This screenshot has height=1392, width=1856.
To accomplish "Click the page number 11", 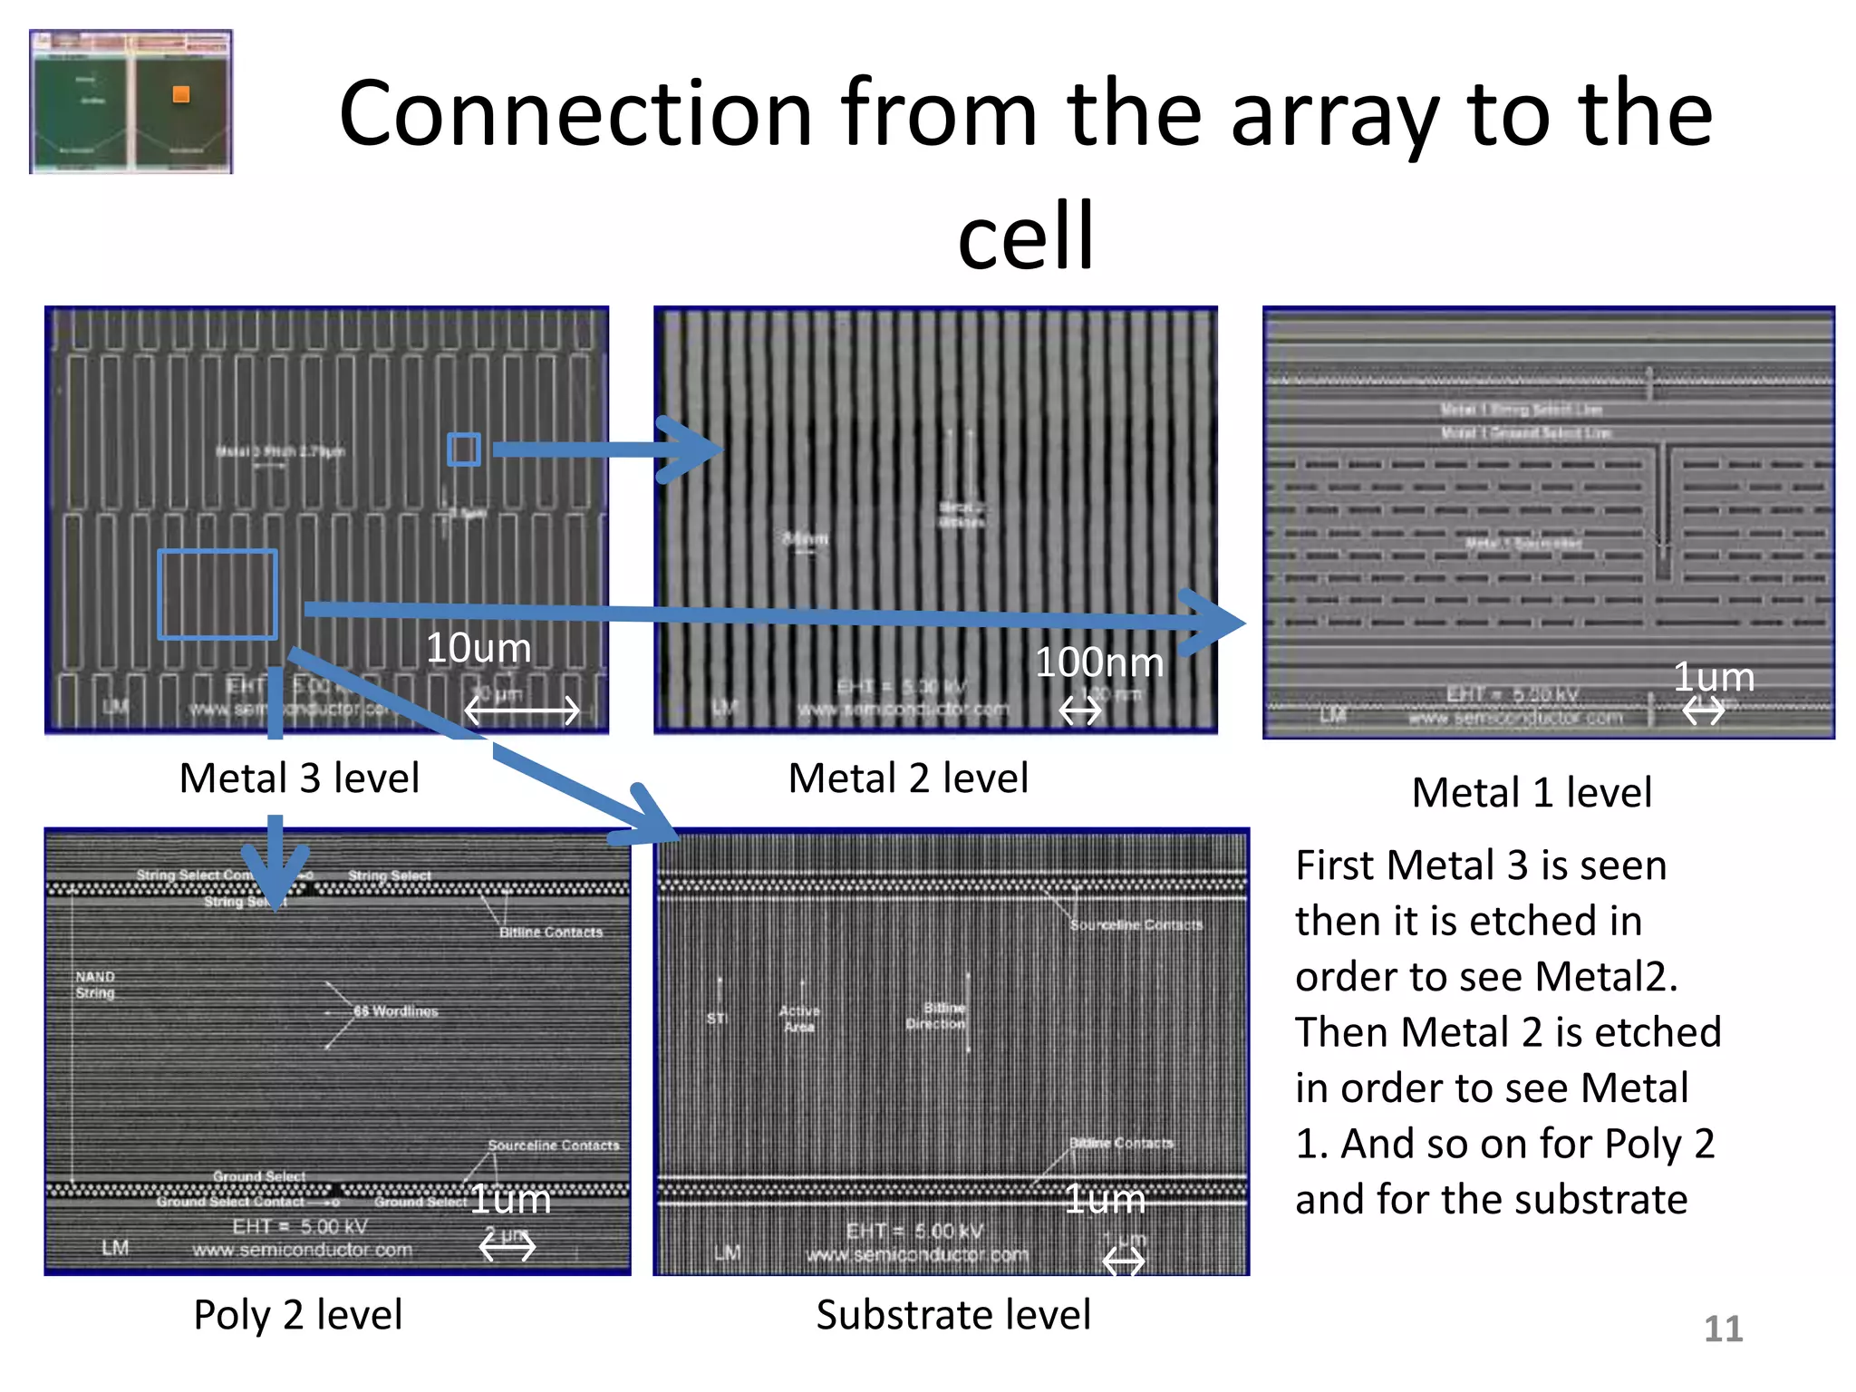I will [x=1723, y=1329].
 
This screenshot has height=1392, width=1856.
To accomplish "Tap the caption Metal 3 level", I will [x=299, y=778].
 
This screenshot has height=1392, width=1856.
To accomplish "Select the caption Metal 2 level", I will [x=908, y=778].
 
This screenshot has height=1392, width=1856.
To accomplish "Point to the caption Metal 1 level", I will [x=1532, y=793].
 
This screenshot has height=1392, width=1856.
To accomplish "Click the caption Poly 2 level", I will [x=297, y=1315].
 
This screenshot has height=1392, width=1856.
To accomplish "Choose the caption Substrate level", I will [x=953, y=1315].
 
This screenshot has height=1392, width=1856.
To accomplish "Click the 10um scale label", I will [x=478, y=649].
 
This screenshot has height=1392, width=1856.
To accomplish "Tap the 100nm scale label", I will [x=1098, y=662].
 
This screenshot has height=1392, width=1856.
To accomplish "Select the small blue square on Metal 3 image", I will [x=463, y=449].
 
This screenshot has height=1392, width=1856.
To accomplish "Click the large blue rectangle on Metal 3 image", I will [x=217, y=594].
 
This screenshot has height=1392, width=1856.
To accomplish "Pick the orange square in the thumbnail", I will [x=181, y=94].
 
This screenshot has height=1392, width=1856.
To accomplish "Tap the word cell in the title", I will [x=1026, y=236].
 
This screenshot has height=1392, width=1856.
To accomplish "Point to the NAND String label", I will [x=95, y=984].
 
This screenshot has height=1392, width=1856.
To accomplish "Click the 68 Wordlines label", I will [x=396, y=1011].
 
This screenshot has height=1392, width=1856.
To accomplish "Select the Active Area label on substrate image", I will [x=798, y=1019].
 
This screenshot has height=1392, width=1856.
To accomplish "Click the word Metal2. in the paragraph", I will [x=1606, y=977].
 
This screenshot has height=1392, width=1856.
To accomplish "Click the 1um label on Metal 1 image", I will [x=1713, y=678].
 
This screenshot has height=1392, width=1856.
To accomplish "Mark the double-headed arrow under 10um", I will [x=521, y=710].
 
